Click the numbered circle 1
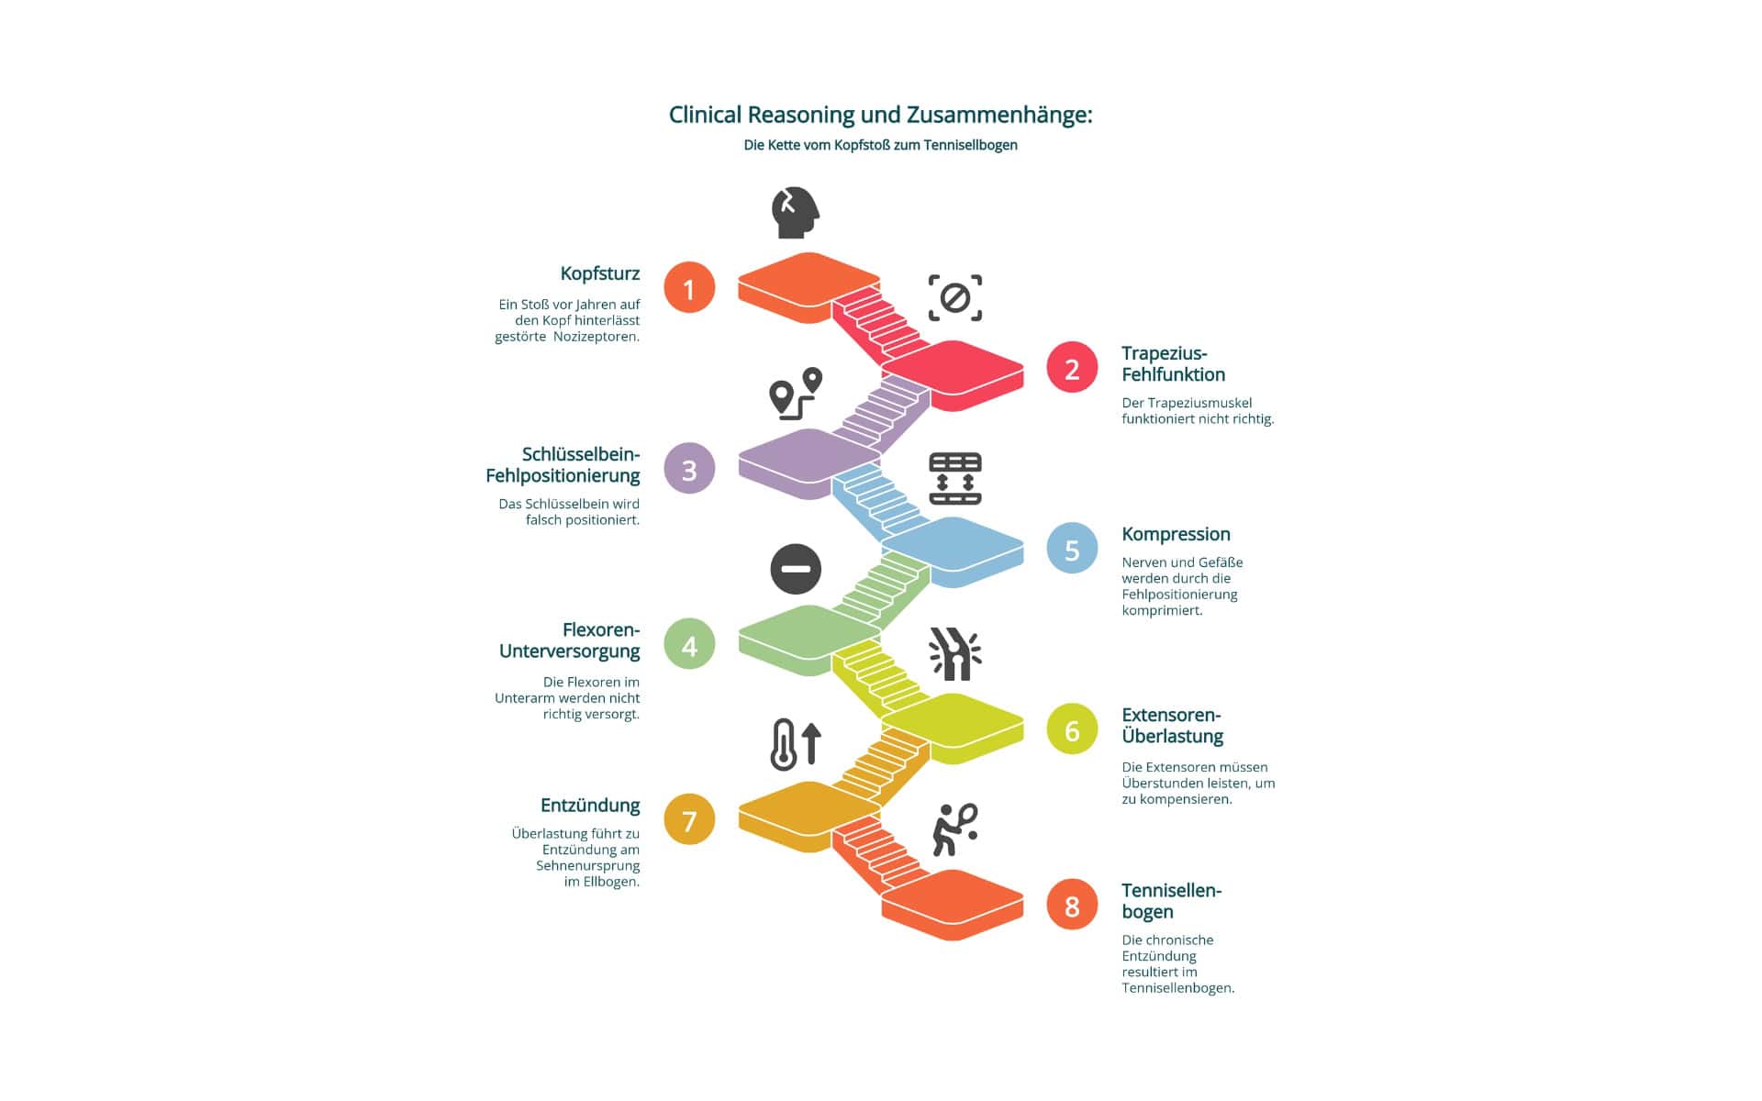click(689, 288)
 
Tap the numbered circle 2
click(1072, 367)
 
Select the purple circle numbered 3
click(689, 469)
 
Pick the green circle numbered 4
click(689, 644)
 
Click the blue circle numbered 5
click(1072, 548)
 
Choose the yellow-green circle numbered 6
click(1072, 728)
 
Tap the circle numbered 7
click(689, 819)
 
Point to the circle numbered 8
click(1072, 905)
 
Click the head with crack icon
click(795, 213)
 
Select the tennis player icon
click(954, 829)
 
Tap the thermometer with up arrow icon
click(795, 744)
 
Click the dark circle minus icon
click(795, 569)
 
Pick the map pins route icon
click(795, 394)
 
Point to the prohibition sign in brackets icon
click(954, 298)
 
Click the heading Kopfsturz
click(600, 273)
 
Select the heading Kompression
click(1176, 534)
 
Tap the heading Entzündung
click(590, 806)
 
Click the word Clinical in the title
click(705, 115)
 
